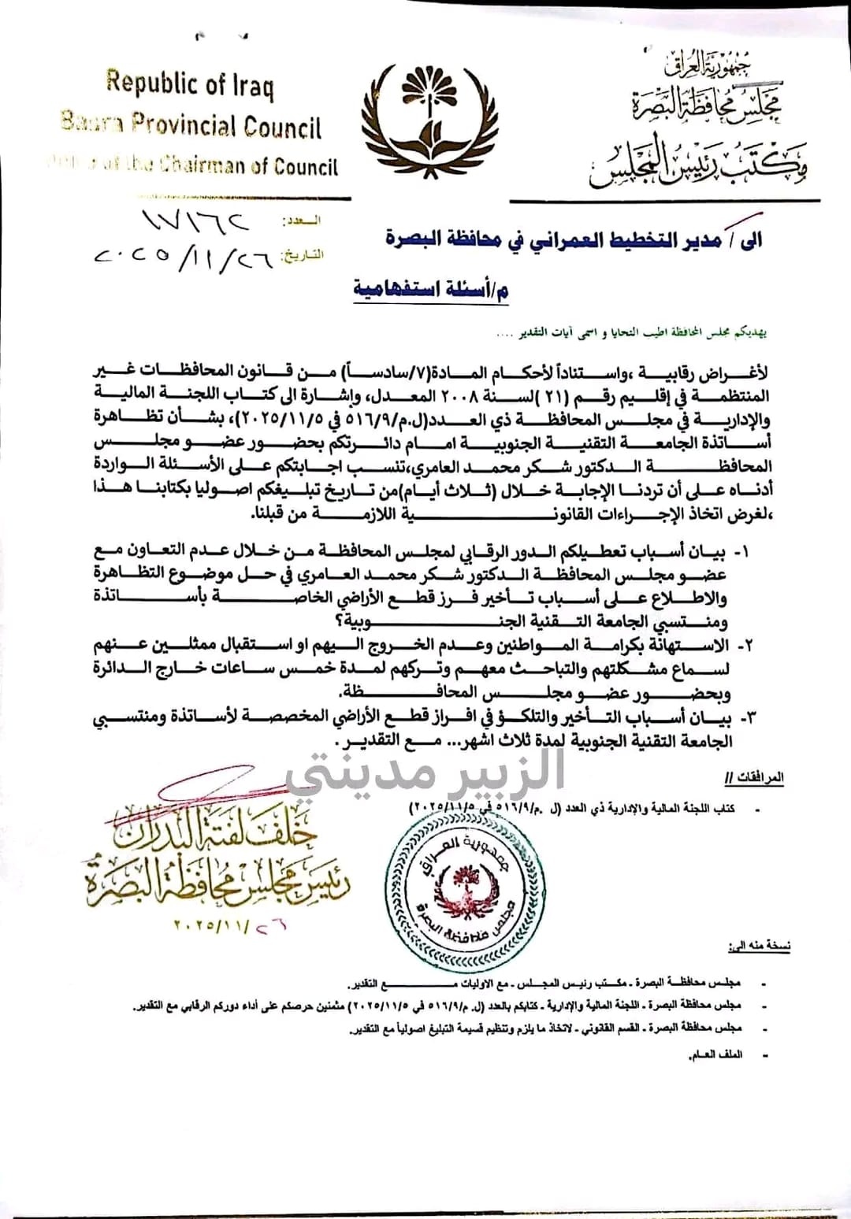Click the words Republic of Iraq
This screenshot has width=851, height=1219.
191,83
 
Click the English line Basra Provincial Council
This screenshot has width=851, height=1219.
191,124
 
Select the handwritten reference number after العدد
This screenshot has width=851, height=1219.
194,220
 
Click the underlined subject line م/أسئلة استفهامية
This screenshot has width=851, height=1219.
431,288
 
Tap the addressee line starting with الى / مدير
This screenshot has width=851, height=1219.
573,239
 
